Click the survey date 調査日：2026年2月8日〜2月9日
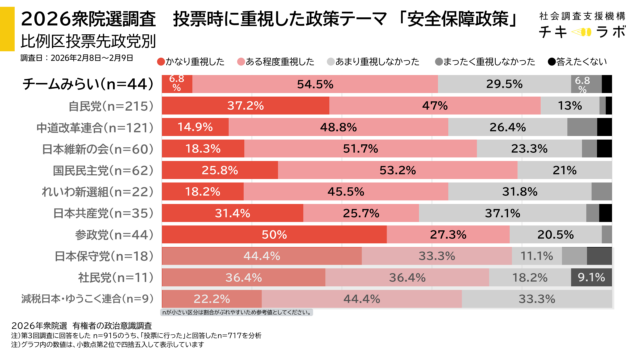(78, 61)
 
